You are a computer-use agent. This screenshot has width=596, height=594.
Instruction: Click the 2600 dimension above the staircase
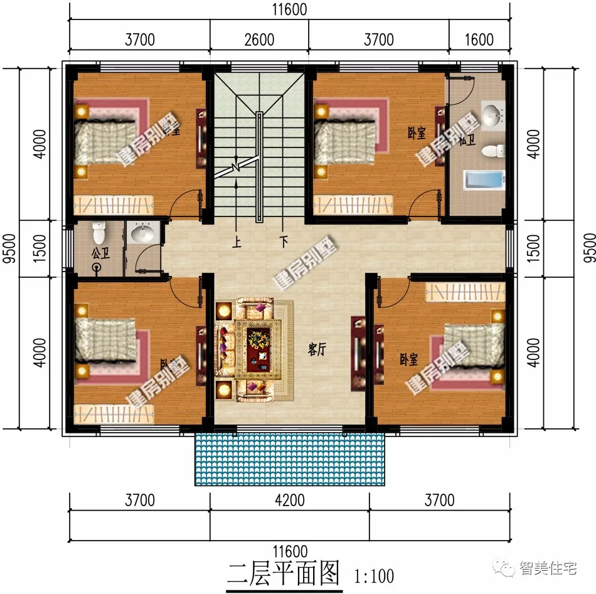pyautogui.click(x=259, y=40)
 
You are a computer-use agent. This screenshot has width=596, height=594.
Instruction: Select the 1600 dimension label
pyautogui.click(x=479, y=40)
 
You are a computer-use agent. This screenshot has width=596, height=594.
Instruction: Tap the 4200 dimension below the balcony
pyautogui.click(x=289, y=500)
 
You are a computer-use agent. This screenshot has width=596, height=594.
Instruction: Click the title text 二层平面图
pyautogui.click(x=284, y=573)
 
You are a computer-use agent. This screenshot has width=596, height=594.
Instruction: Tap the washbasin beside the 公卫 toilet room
pyautogui.click(x=142, y=234)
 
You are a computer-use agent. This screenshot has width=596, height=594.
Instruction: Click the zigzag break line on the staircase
pyautogui.click(x=236, y=167)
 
